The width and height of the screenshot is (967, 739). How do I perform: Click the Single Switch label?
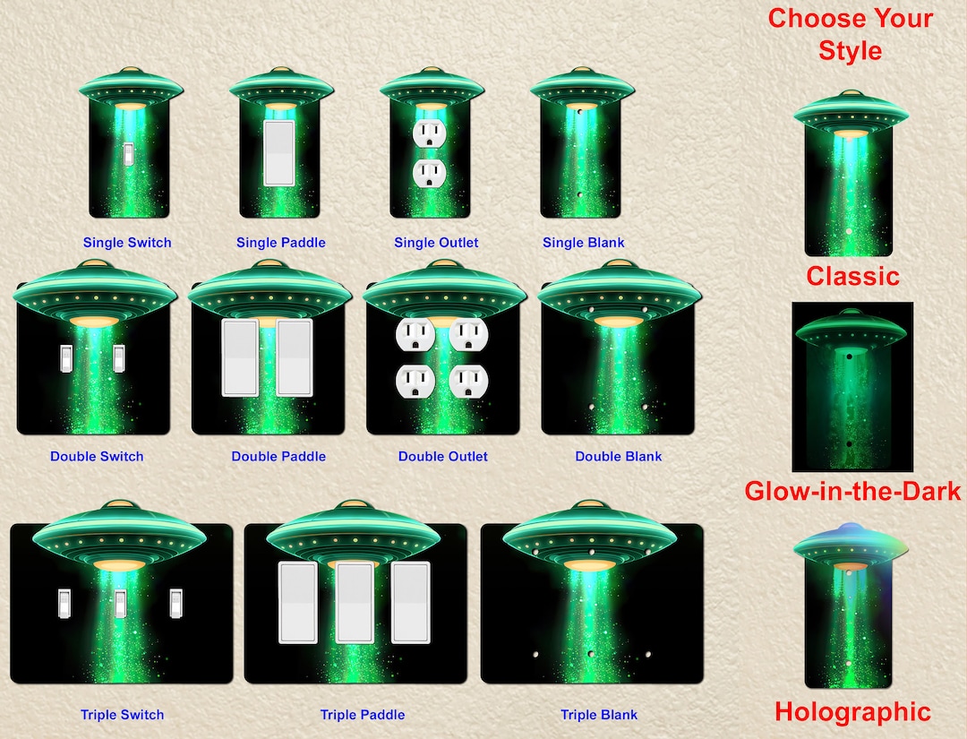pyautogui.click(x=127, y=243)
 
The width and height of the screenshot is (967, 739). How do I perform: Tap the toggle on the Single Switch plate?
pyautogui.click(x=128, y=154)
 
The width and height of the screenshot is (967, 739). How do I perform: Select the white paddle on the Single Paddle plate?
pyautogui.click(x=279, y=153)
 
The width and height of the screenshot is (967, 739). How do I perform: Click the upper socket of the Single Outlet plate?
pyautogui.click(x=429, y=133)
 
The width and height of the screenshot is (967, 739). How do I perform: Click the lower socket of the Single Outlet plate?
pyautogui.click(x=429, y=174)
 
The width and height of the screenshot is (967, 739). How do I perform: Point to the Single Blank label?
pyautogui.click(x=584, y=243)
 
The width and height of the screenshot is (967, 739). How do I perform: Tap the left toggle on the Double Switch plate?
pyautogui.click(x=66, y=358)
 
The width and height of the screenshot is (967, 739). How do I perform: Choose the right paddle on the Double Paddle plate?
pyautogui.click(x=295, y=357)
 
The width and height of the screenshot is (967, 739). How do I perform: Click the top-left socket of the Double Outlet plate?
pyautogui.click(x=415, y=335)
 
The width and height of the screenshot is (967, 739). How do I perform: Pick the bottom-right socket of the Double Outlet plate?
pyautogui.click(x=468, y=382)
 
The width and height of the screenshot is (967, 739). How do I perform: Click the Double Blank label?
pyautogui.click(x=619, y=457)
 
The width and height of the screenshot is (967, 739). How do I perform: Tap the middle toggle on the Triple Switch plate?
pyautogui.click(x=120, y=603)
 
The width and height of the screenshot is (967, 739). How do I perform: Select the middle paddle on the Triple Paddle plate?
pyautogui.click(x=355, y=603)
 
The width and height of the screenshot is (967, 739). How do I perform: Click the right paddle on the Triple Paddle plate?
pyautogui.click(x=411, y=603)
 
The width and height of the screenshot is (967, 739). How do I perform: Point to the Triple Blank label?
pyautogui.click(x=599, y=715)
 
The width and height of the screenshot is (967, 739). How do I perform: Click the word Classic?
pyautogui.click(x=853, y=276)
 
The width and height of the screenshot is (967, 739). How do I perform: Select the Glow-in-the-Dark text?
pyautogui.click(x=852, y=491)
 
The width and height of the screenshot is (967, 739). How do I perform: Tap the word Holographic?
pyautogui.click(x=852, y=712)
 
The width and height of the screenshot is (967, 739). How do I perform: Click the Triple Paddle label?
pyautogui.click(x=363, y=715)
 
